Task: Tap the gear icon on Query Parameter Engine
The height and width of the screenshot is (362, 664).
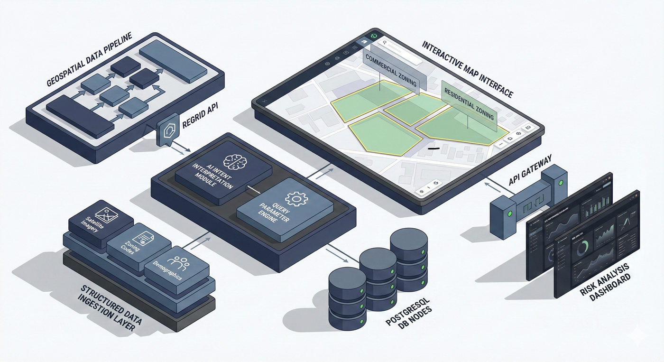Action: (295, 198)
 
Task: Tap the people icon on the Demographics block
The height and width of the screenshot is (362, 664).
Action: (180, 260)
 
